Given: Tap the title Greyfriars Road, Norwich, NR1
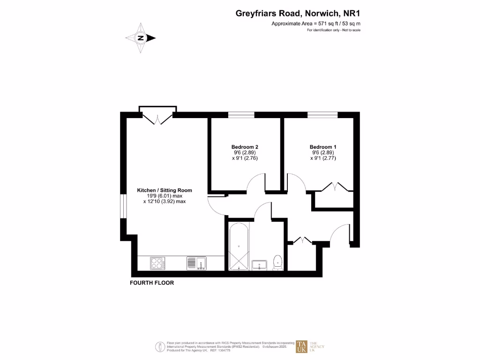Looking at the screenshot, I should click(x=298, y=14).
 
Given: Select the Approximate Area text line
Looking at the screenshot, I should click(x=316, y=23).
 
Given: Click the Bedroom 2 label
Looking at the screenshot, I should click(x=245, y=147).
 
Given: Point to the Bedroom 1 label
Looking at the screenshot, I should click(x=323, y=147).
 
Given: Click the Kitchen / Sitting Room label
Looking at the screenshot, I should click(x=165, y=190).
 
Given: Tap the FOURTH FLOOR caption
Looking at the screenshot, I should click(x=151, y=283).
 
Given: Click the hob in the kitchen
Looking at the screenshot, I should click(x=157, y=263).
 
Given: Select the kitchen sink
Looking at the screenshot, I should click(x=196, y=263).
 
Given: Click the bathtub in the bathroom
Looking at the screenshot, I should click(x=239, y=247).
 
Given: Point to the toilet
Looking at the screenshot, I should click(x=277, y=262).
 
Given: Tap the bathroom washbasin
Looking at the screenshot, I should click(x=259, y=265).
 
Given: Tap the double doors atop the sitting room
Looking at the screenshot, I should click(x=157, y=117).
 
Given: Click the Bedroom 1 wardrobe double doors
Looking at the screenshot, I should click(x=336, y=187).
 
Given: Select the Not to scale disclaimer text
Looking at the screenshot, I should click(x=334, y=30).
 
